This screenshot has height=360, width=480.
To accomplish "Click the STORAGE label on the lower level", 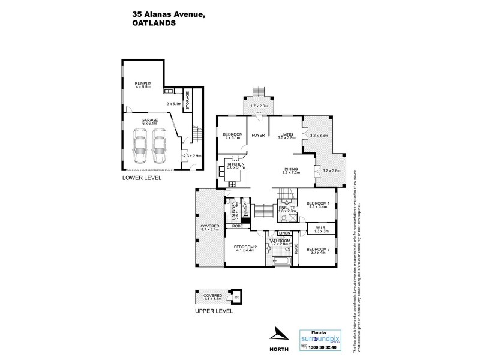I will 187,100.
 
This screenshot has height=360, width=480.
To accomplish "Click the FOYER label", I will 259,135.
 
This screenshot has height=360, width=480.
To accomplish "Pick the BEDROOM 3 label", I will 318,250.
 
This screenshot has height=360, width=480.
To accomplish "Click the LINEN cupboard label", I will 284,233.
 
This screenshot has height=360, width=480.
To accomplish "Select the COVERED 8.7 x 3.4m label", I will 209,228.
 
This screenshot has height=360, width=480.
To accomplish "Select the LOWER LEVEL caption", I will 142,178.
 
